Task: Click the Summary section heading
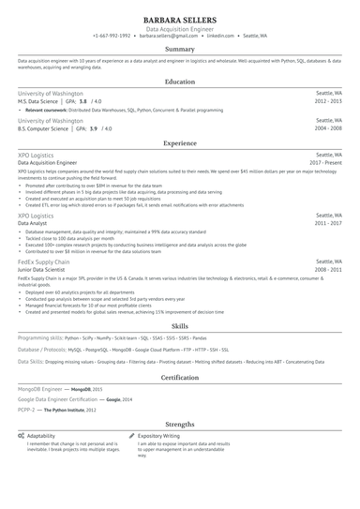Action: click(180, 49)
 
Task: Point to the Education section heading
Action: click(180, 82)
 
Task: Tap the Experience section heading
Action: click(180, 143)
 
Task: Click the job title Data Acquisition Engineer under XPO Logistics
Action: click(48, 162)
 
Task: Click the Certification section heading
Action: click(180, 378)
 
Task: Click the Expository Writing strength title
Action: click(158, 436)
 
